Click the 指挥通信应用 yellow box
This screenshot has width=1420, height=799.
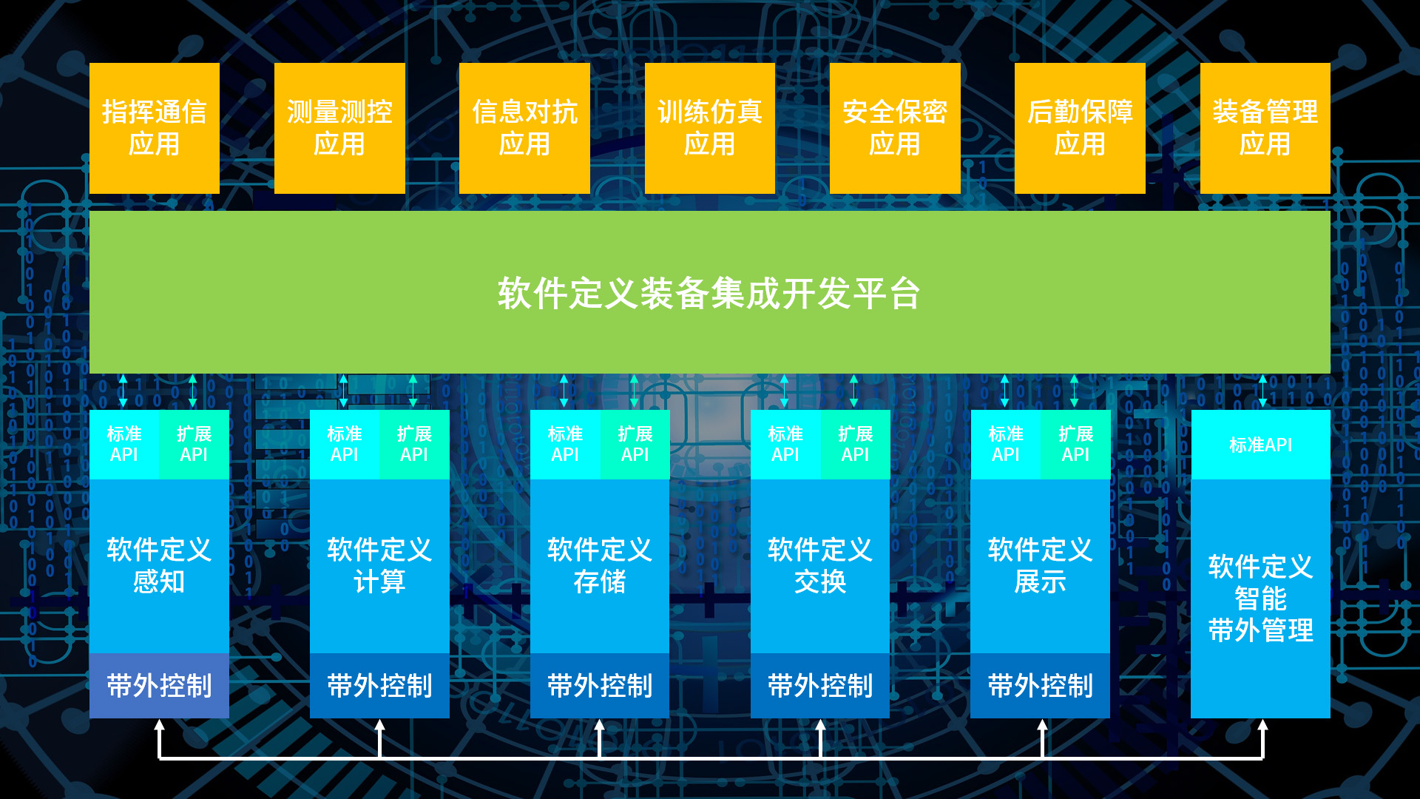coord(154,128)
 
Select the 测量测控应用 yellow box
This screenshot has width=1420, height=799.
coord(339,128)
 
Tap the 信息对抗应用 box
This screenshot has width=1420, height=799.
coord(524,128)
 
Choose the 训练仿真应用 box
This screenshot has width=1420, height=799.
coord(709,128)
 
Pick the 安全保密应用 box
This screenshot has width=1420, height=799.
coord(895,128)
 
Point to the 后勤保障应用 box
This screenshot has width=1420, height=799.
coord(1080,128)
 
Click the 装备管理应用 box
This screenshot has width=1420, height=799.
coord(1265,128)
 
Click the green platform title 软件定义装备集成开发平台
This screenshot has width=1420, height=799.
coord(709,293)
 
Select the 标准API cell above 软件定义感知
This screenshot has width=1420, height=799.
coord(124,444)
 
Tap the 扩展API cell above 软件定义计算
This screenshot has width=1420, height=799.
coord(414,444)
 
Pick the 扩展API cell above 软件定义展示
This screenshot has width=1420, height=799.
coord(1075,444)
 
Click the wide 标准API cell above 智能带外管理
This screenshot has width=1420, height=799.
coord(1260,445)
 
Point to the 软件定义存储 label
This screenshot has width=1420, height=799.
coord(599,566)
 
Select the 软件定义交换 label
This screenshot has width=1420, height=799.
coord(819,566)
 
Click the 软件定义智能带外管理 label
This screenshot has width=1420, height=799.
coord(1260,598)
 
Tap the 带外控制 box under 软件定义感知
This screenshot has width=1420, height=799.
coord(159,686)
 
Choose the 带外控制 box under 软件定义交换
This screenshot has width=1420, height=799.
coord(819,686)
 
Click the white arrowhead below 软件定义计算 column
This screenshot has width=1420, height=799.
coord(379,727)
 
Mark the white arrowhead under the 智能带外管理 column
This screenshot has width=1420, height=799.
coord(1262,727)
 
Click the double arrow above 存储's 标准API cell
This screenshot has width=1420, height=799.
coord(564,391)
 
